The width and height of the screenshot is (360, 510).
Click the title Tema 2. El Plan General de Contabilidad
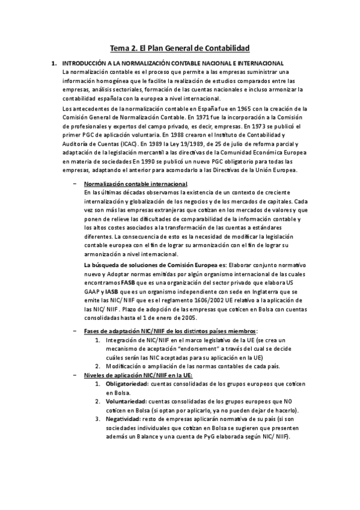coord(180,48)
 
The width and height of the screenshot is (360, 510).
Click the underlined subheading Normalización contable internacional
coord(135,183)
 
